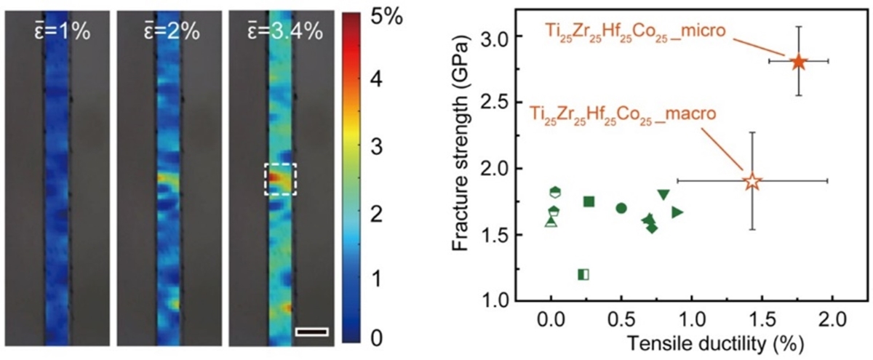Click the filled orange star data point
[798, 61]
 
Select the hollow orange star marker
[752, 181]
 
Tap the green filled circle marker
[621, 208]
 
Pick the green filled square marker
[589, 201]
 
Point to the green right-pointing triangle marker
[677, 212]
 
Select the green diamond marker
[652, 228]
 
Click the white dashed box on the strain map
[280, 179]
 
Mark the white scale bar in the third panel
[312, 332]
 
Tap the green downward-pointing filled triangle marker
[663, 194]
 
